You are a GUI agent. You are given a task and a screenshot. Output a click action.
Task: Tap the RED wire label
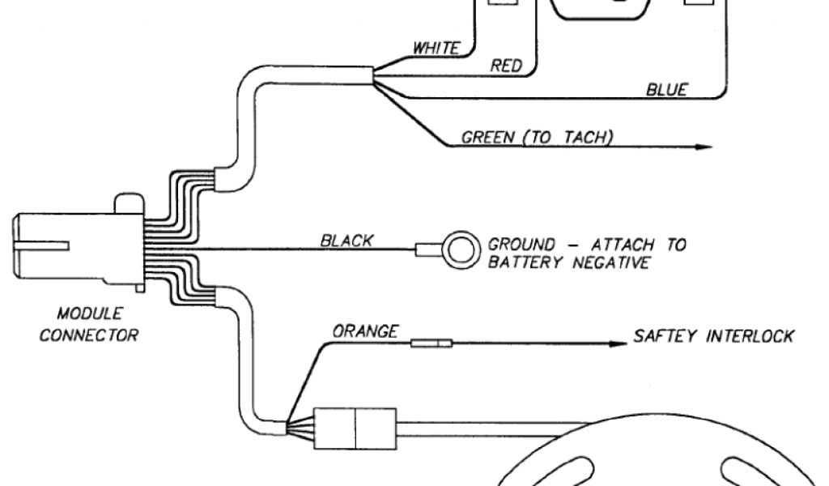click(507, 66)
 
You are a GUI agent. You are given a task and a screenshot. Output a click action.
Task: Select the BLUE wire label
click(666, 90)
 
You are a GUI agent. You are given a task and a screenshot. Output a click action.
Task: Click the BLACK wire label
click(346, 240)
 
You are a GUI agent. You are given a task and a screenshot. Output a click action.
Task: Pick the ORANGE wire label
click(365, 331)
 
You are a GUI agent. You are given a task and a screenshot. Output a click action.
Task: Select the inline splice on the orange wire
click(432, 343)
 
